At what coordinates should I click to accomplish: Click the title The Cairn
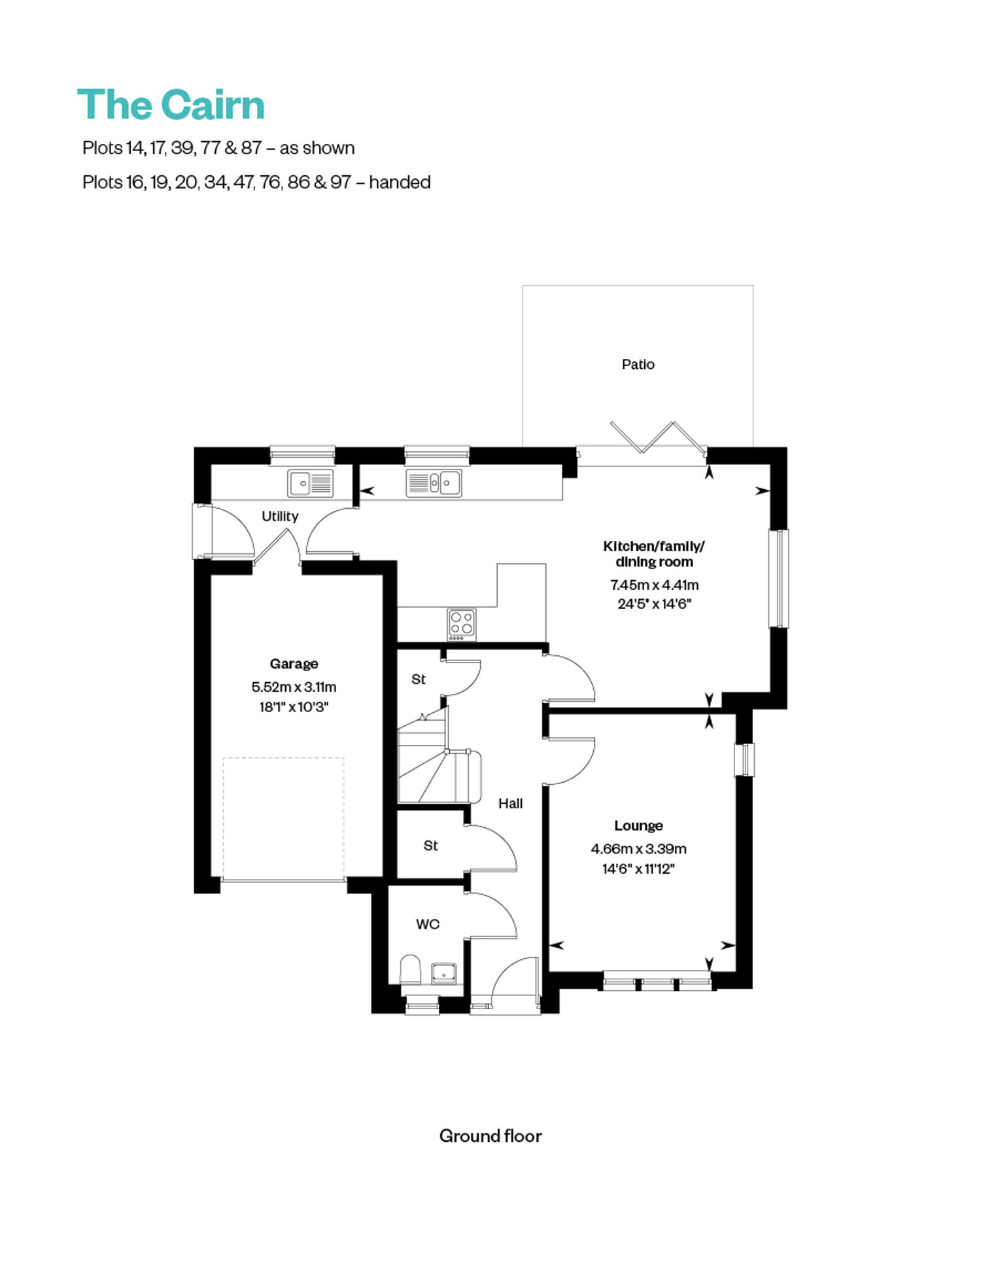point(171,105)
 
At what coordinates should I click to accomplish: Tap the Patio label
point(638,364)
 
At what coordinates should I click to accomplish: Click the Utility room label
point(280,517)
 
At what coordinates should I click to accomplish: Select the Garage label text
point(294,664)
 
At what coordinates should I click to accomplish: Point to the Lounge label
point(638,825)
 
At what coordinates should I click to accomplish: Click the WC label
point(428,924)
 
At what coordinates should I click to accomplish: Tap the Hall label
point(510,803)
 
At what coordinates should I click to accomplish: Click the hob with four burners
point(462,625)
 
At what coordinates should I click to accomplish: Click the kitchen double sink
point(434,483)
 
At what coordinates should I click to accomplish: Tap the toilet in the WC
point(410,969)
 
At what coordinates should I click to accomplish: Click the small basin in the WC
point(444,973)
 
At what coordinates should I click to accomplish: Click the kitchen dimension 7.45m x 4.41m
point(654,585)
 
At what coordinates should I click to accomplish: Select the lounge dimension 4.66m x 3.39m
point(638,849)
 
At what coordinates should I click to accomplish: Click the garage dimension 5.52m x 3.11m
point(294,687)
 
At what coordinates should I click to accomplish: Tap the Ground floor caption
point(490,1136)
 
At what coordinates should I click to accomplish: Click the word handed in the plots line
point(400,182)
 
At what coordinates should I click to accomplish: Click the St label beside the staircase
point(419,679)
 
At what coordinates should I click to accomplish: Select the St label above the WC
point(430,846)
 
